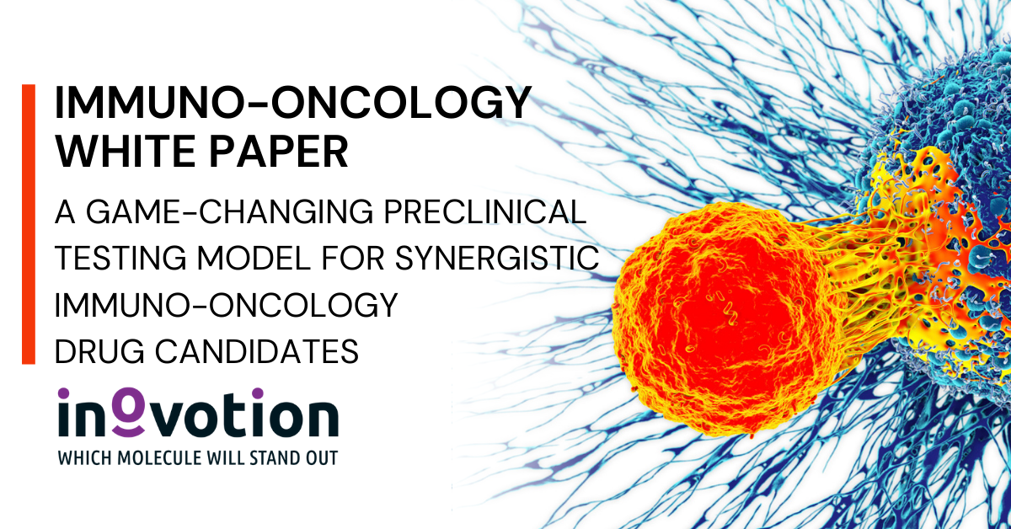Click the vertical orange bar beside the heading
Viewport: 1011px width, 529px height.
[x=29, y=224]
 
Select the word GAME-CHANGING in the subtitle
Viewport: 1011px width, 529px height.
[x=230, y=211]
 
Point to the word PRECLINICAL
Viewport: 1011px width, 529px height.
[x=484, y=211]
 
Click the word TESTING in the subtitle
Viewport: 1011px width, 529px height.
[x=120, y=258]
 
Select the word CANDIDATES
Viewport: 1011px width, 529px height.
[x=257, y=351]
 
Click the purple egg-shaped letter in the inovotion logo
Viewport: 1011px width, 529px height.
[x=128, y=412]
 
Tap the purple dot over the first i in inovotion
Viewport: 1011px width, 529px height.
[x=64, y=393]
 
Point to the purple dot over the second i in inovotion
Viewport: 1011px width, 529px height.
[x=257, y=393]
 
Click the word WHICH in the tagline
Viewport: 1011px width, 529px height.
[x=85, y=458]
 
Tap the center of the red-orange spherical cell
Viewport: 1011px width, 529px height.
[x=726, y=319]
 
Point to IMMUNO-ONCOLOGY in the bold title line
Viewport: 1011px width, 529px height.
[x=293, y=103]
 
